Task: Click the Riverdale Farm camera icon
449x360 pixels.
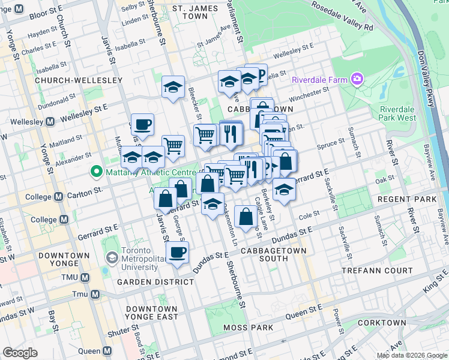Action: [x=358, y=79]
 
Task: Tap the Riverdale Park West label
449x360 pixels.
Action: [x=397, y=113]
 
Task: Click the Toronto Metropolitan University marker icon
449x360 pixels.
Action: [x=112, y=257]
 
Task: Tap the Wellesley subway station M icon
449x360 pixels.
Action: [x=50, y=121]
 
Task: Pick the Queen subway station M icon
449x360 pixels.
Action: [x=107, y=351]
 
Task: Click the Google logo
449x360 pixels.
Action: [x=20, y=353]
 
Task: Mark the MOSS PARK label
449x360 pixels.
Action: [x=248, y=328]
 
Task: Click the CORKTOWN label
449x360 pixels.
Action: [x=382, y=323]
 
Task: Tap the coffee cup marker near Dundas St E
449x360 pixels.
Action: [x=176, y=252]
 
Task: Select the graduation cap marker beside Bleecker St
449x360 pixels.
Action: [x=173, y=87]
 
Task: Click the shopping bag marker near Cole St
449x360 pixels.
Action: [x=246, y=217]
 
